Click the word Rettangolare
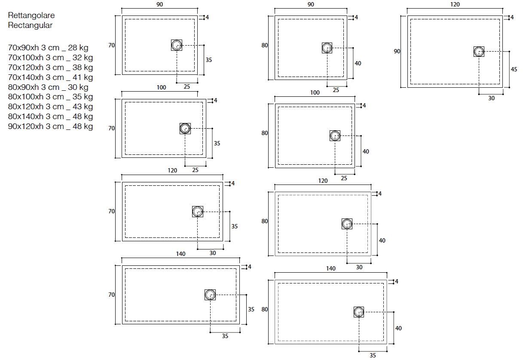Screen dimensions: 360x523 click(31, 15)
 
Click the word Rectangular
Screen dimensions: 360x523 click(30, 25)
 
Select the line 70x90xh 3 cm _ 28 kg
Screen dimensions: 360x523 click(50, 48)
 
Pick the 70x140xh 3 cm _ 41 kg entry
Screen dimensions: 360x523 click(50, 77)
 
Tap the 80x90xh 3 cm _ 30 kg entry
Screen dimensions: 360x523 click(48, 87)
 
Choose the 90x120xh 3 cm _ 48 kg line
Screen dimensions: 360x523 click(50, 126)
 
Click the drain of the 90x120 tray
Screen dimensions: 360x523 click(479, 52)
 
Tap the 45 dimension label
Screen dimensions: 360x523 click(514, 69)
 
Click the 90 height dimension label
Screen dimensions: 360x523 click(397, 51)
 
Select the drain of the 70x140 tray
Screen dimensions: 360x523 click(210, 295)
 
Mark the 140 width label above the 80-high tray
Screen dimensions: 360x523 click(330, 268)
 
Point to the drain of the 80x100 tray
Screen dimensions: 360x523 click(335, 136)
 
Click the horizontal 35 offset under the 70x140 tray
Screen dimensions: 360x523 click(225, 336)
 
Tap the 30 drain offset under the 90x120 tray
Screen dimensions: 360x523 click(491, 98)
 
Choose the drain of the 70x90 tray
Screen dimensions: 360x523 click(177, 45)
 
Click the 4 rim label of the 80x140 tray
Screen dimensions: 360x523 click(397, 282)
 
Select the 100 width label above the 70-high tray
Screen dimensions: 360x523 click(161, 88)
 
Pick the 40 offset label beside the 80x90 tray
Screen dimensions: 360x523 click(358, 63)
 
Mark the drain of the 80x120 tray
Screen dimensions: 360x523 click(347, 224)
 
